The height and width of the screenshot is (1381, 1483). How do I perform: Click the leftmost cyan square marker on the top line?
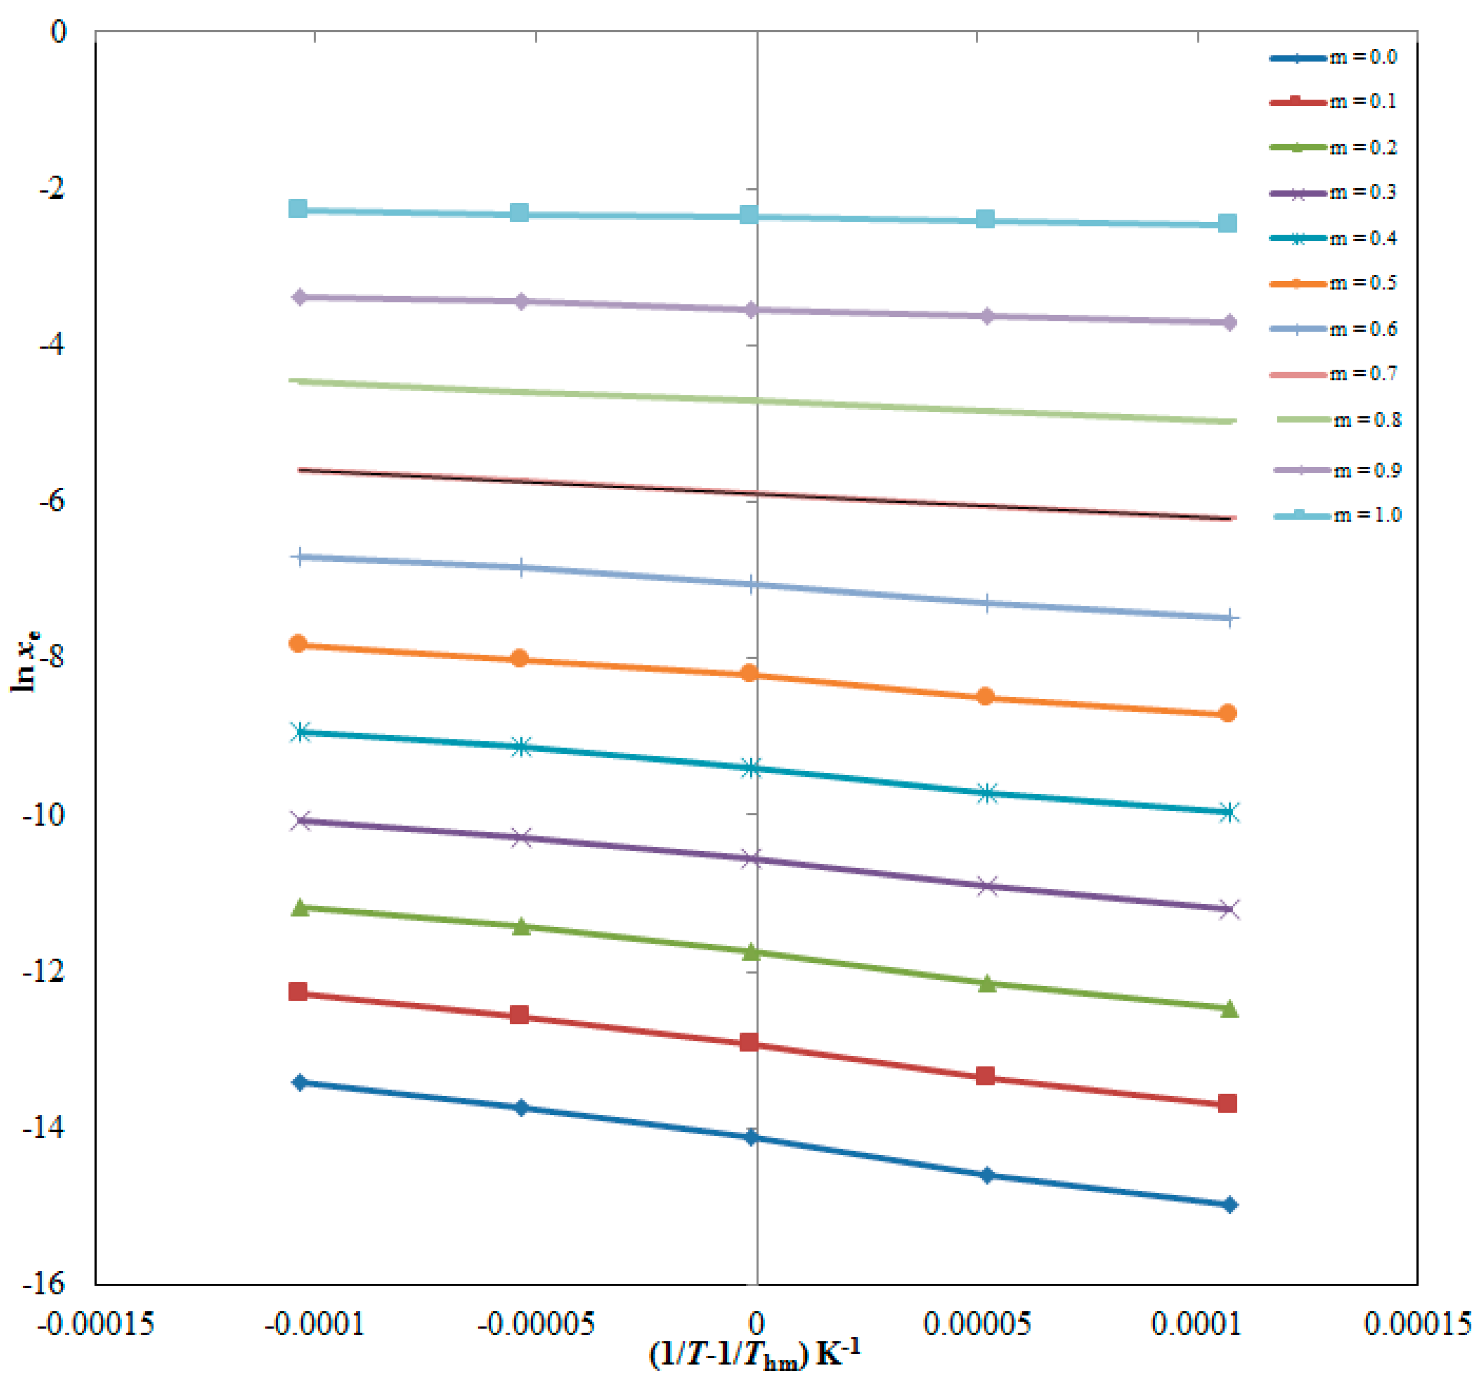tap(298, 209)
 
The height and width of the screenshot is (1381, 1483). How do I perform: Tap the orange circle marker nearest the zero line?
tap(749, 674)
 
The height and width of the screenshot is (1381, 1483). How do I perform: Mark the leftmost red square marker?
tap(298, 992)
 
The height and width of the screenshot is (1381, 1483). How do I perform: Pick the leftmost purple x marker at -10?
tap(302, 821)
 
